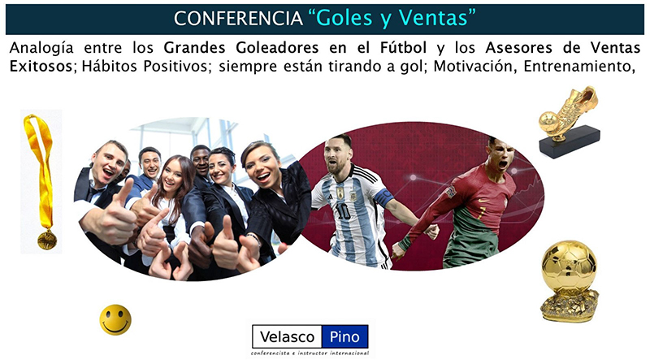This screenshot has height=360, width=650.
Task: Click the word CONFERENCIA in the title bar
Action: (238, 19)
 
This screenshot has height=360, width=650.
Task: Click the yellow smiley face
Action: (115, 319)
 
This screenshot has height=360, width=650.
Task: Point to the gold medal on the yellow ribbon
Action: (47, 241)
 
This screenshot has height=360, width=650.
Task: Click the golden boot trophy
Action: (569, 122)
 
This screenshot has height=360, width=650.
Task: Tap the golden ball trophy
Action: (570, 281)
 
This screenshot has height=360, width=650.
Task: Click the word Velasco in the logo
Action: (287, 336)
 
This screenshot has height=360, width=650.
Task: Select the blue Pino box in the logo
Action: (344, 336)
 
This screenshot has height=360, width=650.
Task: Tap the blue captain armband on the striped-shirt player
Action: (383, 197)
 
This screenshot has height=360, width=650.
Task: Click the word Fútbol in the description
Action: (403, 48)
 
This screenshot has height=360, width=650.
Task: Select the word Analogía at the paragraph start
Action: (41, 49)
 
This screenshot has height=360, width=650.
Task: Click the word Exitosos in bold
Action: (41, 67)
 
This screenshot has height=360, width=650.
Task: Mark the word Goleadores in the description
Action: (277, 48)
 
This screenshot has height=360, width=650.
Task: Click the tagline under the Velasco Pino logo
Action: (310, 353)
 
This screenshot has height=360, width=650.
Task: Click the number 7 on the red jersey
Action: (481, 215)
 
